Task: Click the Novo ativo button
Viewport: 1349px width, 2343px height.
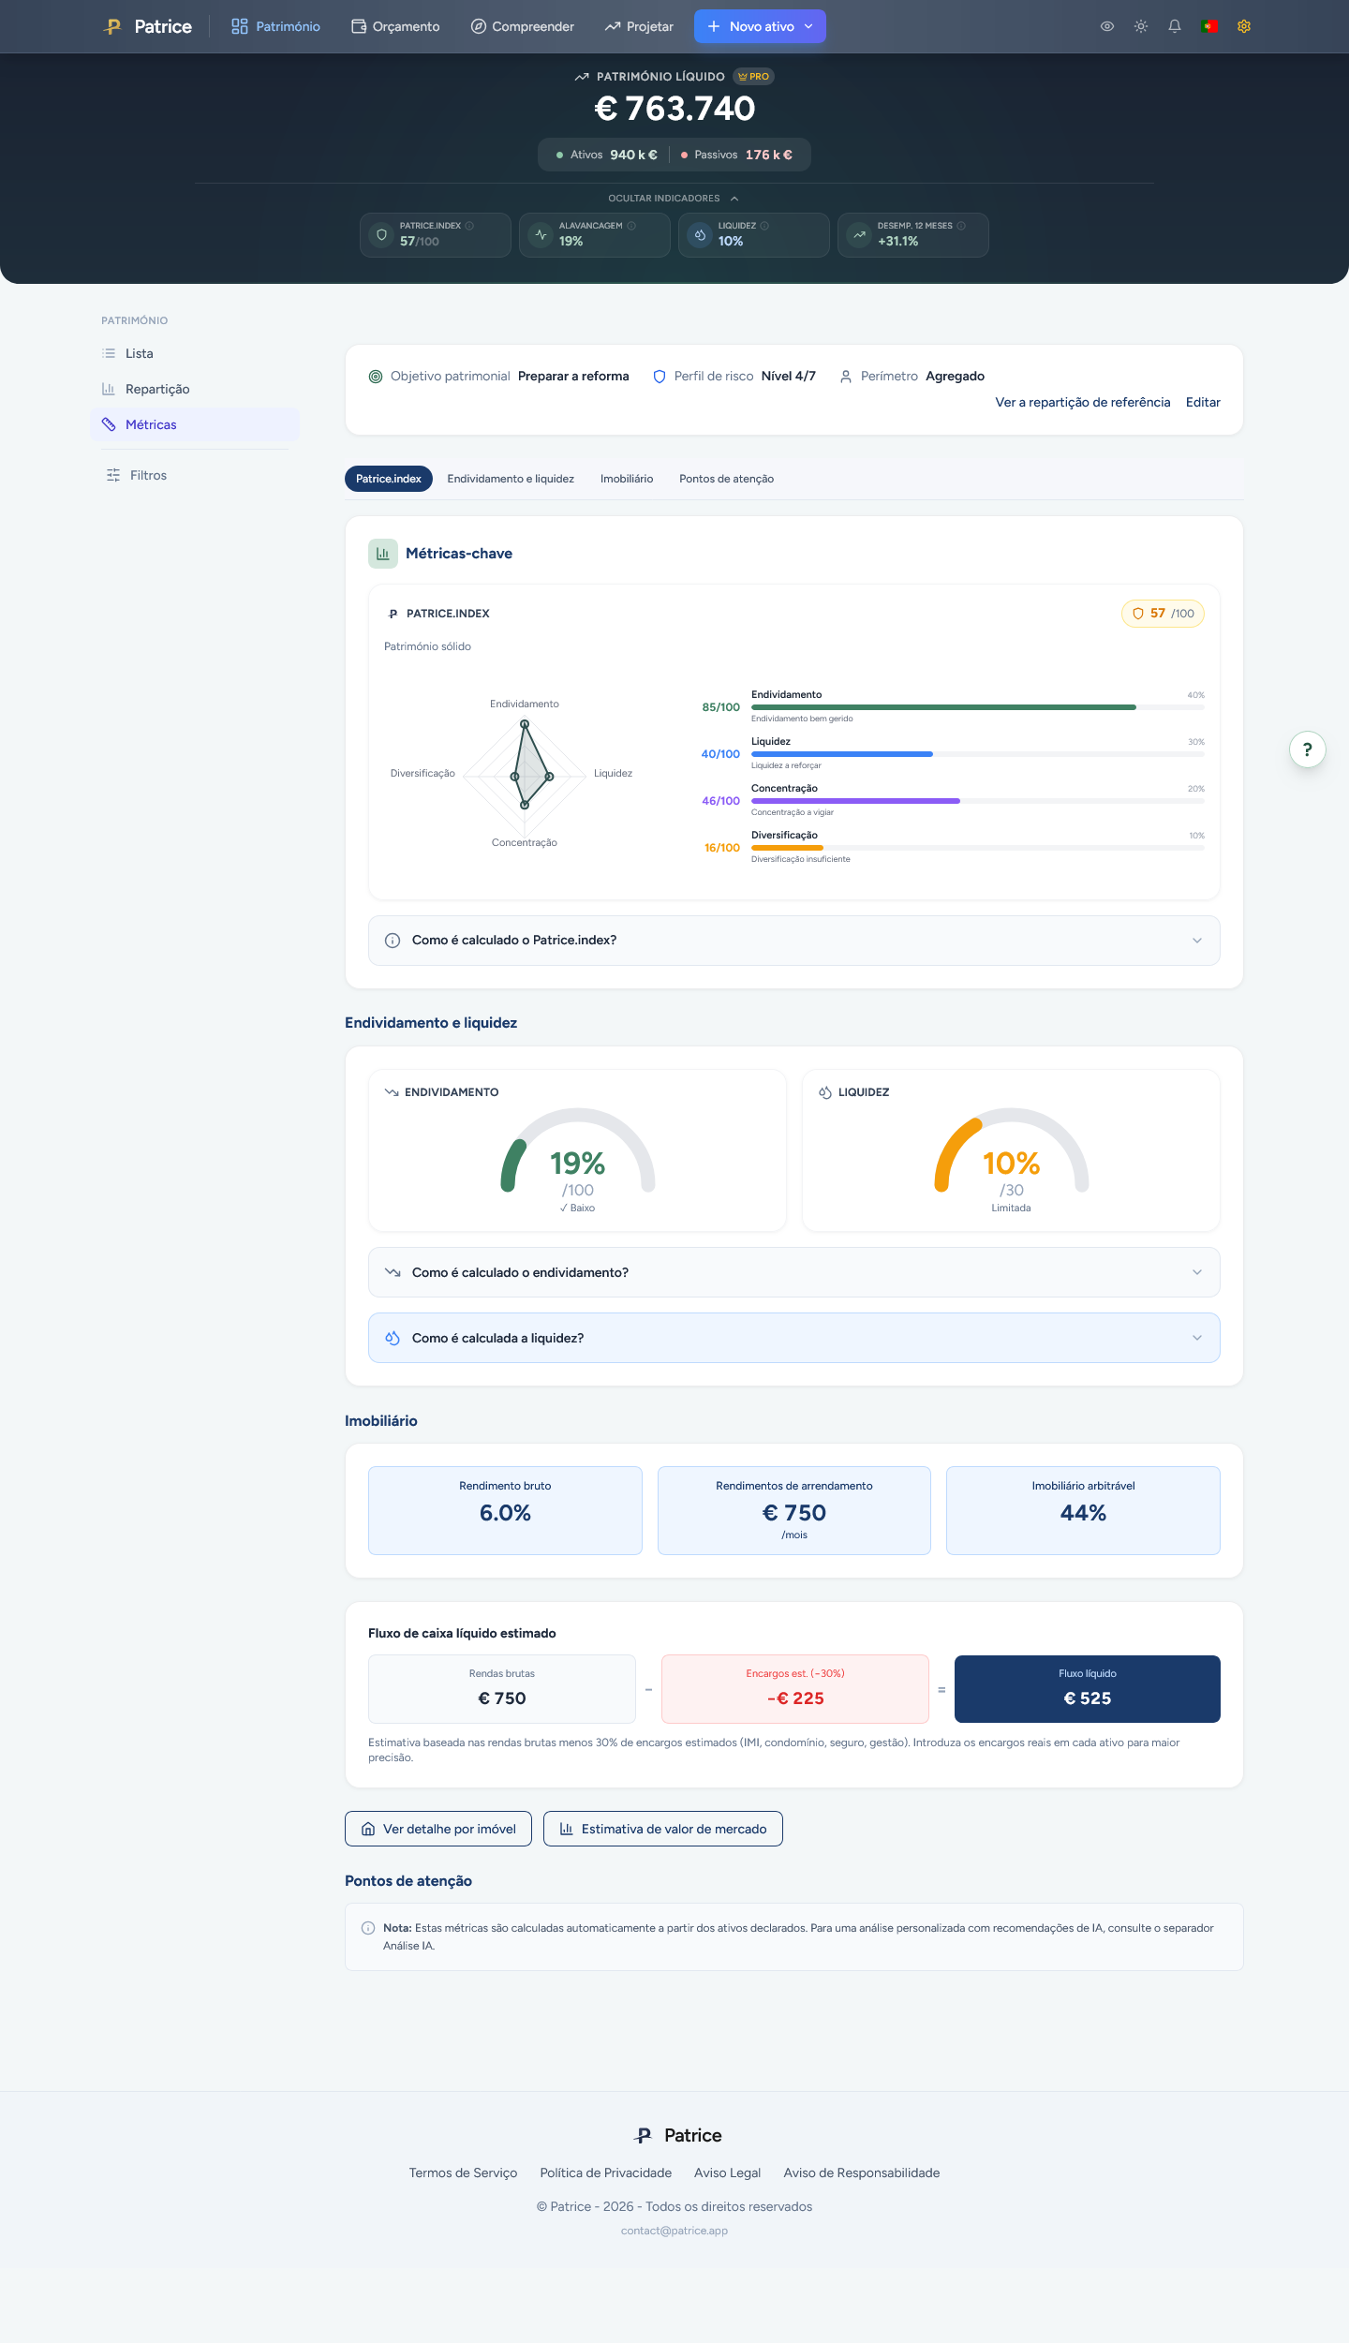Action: (x=760, y=26)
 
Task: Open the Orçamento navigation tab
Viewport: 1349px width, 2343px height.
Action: (x=395, y=26)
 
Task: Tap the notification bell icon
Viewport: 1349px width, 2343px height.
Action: (x=1175, y=26)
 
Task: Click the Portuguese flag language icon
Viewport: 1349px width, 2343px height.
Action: (x=1209, y=26)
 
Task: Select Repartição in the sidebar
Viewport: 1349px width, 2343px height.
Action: (x=157, y=389)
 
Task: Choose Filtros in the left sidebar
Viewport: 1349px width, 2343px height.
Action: (x=148, y=475)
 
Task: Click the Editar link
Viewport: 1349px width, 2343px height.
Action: (x=1203, y=402)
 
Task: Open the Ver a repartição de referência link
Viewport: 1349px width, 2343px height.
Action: (x=1083, y=402)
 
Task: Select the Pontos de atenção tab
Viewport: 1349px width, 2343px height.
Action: (x=726, y=479)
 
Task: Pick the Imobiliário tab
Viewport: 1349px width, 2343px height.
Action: (x=627, y=479)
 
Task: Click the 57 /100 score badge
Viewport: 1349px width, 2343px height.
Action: (x=1163, y=614)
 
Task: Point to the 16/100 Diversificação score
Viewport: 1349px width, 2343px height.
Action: (x=722, y=848)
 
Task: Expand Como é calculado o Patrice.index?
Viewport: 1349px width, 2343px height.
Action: (x=794, y=941)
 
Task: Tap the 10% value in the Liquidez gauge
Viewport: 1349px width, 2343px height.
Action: (x=1011, y=1164)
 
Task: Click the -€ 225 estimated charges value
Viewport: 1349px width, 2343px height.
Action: (x=795, y=1698)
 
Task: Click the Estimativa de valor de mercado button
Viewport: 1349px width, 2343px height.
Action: (x=663, y=1829)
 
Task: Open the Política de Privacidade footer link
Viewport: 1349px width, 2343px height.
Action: (x=606, y=2172)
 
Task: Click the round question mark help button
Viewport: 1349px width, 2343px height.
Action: (x=1308, y=749)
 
